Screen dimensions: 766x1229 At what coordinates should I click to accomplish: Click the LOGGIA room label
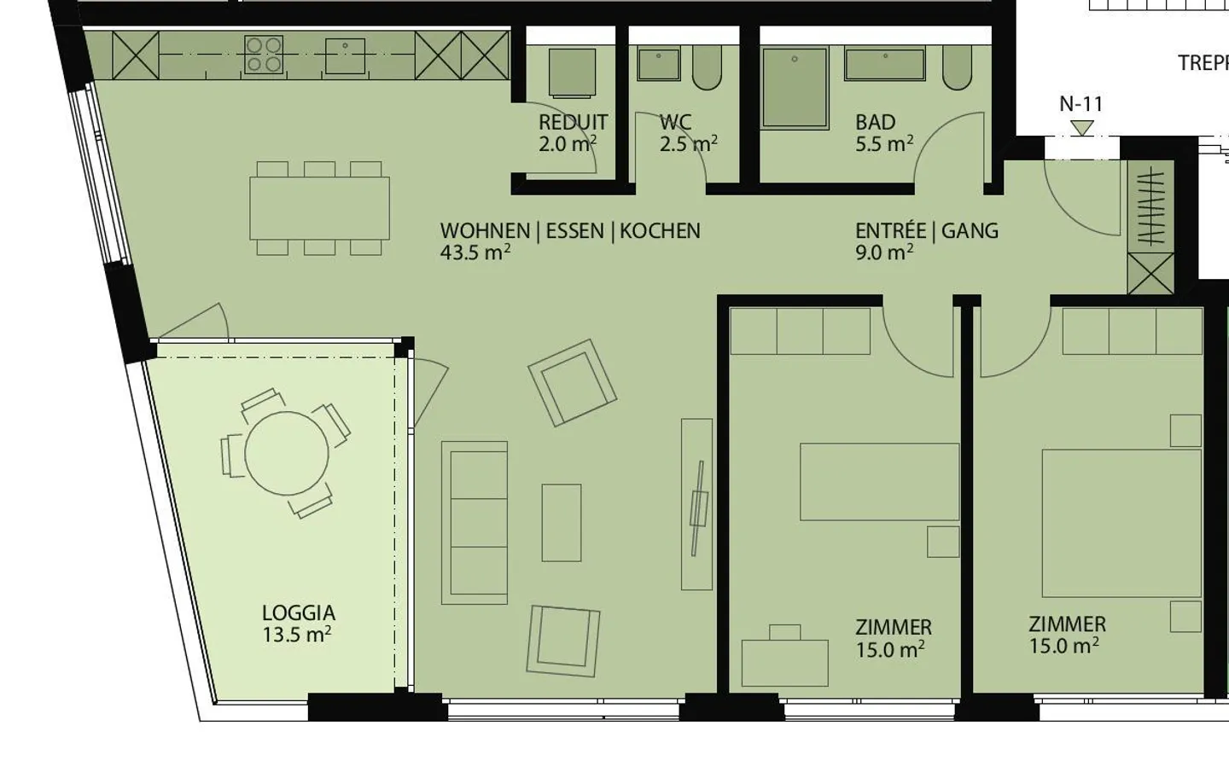[298, 612]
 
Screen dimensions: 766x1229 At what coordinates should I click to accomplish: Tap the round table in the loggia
[286, 454]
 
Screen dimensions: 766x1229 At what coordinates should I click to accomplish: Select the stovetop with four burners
[264, 54]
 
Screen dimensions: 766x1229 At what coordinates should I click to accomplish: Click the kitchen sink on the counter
[346, 55]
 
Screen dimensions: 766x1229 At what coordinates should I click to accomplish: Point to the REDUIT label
[573, 122]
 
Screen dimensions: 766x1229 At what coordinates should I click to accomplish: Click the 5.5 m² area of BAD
[883, 144]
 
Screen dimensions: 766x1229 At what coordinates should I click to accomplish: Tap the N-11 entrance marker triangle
[1081, 128]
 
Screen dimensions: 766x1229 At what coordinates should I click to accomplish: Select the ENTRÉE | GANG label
[926, 230]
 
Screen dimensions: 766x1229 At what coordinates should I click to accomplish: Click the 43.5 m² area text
[475, 252]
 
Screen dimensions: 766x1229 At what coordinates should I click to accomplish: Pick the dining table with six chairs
[319, 208]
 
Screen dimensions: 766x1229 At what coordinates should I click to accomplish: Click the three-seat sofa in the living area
[475, 522]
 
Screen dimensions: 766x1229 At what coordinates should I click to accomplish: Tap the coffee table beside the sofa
[561, 522]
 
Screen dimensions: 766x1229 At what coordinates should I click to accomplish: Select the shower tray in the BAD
[795, 88]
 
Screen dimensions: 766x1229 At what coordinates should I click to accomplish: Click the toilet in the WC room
[707, 68]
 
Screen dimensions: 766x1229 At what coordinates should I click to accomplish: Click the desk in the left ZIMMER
[784, 661]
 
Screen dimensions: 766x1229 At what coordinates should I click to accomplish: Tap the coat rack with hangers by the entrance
[1150, 206]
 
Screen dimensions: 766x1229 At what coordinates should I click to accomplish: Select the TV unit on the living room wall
[696, 503]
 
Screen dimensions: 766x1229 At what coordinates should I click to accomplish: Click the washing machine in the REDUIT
[572, 73]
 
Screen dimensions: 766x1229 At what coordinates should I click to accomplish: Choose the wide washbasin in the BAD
[884, 64]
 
